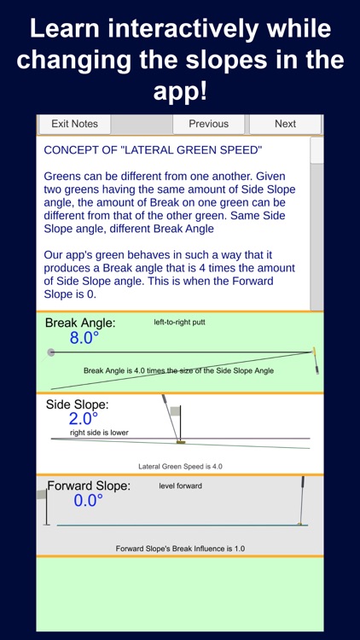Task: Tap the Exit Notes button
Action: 74,124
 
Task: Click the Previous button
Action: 208,124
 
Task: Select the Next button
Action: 285,124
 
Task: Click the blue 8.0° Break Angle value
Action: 84,338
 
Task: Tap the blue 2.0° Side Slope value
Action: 84,419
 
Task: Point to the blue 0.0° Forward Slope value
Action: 88,501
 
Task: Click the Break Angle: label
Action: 80,323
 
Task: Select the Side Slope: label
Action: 78,404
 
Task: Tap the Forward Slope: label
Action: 89,486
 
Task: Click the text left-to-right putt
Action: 179,323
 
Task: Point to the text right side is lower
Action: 100,433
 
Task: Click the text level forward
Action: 178,486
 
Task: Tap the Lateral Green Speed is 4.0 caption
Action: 180,466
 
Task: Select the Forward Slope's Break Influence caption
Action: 180,548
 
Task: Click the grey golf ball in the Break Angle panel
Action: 51,352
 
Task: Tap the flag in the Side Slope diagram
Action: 174,412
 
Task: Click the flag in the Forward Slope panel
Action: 42,494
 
